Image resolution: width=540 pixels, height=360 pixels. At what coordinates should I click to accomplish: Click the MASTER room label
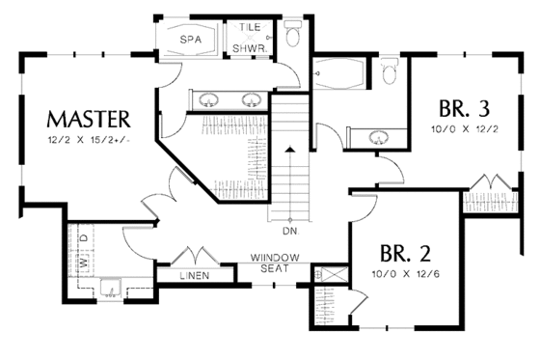(88, 120)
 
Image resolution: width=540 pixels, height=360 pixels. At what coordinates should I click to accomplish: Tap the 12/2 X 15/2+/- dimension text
(88, 142)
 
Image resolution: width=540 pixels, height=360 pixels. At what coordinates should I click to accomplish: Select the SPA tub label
(193, 41)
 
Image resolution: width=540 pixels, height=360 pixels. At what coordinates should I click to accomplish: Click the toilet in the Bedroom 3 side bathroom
(389, 72)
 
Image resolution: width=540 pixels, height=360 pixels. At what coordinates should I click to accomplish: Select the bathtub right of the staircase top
(337, 73)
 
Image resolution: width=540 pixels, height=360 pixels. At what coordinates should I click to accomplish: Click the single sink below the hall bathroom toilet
(375, 136)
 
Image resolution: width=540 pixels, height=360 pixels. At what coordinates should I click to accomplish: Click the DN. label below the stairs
(289, 233)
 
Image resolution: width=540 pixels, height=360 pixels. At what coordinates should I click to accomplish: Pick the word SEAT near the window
(273, 267)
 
